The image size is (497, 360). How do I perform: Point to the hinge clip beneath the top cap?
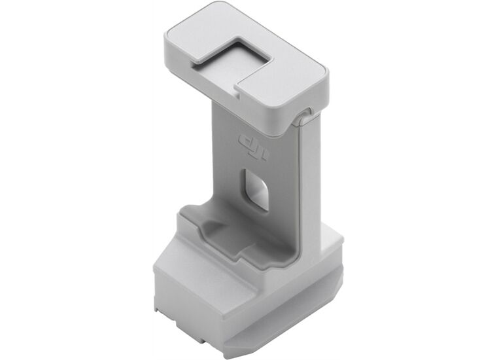(x=301, y=118)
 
